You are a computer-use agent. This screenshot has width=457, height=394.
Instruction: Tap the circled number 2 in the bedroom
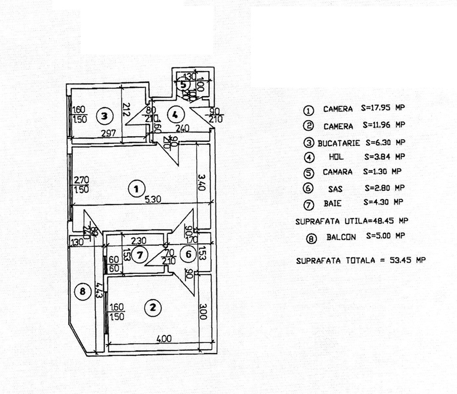point(153,308)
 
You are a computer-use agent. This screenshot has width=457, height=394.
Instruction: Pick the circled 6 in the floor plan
point(188,255)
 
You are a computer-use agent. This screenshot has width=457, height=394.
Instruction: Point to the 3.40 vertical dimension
point(203,183)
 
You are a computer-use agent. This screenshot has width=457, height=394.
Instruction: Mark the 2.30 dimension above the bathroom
point(138,241)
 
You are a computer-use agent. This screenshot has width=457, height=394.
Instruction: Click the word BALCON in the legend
point(341,237)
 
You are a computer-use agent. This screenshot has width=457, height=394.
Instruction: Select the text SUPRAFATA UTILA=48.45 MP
point(352,221)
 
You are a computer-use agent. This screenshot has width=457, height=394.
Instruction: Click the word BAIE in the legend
point(332,203)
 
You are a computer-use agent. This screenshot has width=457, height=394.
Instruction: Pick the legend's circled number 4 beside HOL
point(308,157)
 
